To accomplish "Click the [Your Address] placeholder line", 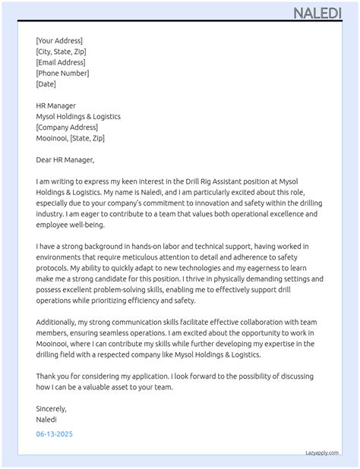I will click(x=59, y=41).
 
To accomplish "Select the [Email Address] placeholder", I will click(x=61, y=62).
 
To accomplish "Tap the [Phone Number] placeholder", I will click(x=62, y=73).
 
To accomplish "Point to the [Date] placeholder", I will click(x=46, y=84).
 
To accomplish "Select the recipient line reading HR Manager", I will click(x=55, y=106).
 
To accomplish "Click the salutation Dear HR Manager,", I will click(x=65, y=160).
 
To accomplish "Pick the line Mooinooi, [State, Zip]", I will click(x=70, y=138).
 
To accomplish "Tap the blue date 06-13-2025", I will click(x=55, y=434).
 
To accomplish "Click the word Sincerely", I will click(x=52, y=408).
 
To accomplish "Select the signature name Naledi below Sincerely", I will click(x=46, y=419).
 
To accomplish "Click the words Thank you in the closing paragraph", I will click(x=52, y=376).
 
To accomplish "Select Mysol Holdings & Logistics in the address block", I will click(x=78, y=117).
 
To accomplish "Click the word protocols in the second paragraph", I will click(x=53, y=269).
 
